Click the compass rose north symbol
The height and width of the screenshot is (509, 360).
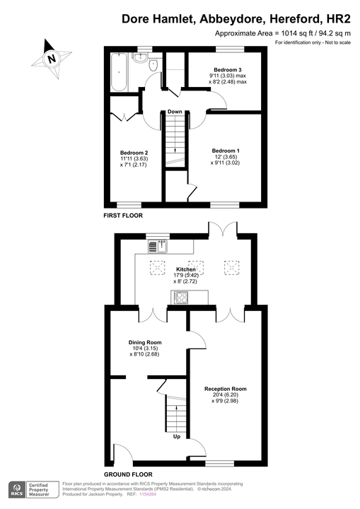51,58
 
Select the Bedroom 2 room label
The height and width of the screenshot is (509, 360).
134,153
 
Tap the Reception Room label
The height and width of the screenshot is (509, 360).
225,389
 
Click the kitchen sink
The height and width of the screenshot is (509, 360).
156,247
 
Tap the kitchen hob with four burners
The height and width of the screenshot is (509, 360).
180,297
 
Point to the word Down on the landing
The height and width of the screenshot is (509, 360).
175,112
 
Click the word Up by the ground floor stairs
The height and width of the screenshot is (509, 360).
175,436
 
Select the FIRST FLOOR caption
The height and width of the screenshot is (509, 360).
122,215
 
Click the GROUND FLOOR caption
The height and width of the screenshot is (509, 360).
128,474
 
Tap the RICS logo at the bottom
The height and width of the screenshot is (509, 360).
15,491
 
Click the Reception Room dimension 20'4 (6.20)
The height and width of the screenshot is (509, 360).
225,395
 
